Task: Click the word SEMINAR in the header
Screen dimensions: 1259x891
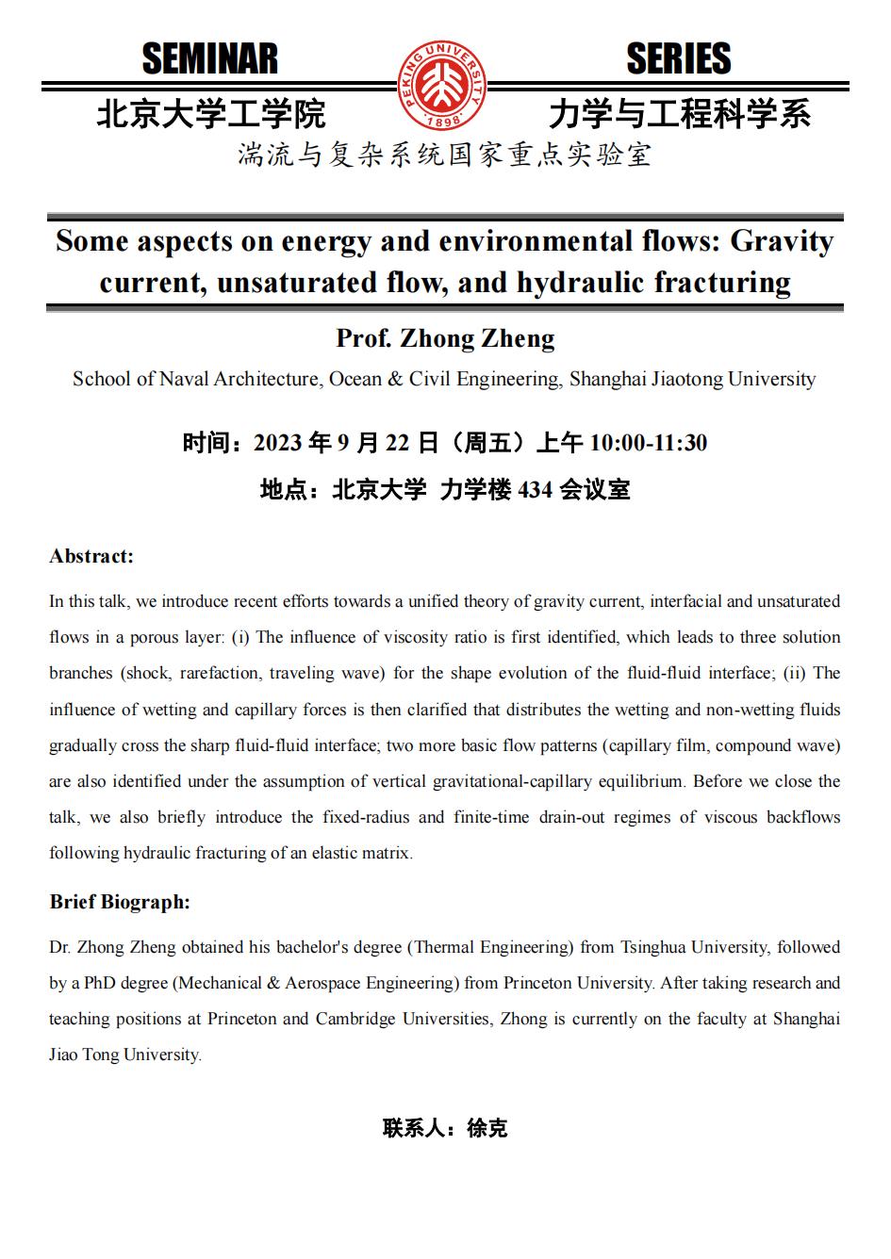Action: click(x=210, y=59)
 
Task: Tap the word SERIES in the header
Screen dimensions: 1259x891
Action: click(x=679, y=59)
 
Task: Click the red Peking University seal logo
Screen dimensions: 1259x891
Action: click(x=442, y=87)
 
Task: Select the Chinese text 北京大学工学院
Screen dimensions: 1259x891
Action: click(x=211, y=114)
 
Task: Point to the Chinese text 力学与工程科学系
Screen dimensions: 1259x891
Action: click(x=680, y=114)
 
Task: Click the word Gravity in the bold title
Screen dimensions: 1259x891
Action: click(x=783, y=241)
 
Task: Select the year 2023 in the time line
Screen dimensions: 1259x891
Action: click(x=278, y=443)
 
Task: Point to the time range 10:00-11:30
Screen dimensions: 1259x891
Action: click(x=648, y=443)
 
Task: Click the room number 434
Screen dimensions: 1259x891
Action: click(x=535, y=490)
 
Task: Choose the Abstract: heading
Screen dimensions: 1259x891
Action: click(x=91, y=556)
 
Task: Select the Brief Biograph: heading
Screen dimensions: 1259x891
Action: click(x=120, y=902)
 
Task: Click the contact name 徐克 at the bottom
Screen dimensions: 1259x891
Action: click(x=487, y=1128)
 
